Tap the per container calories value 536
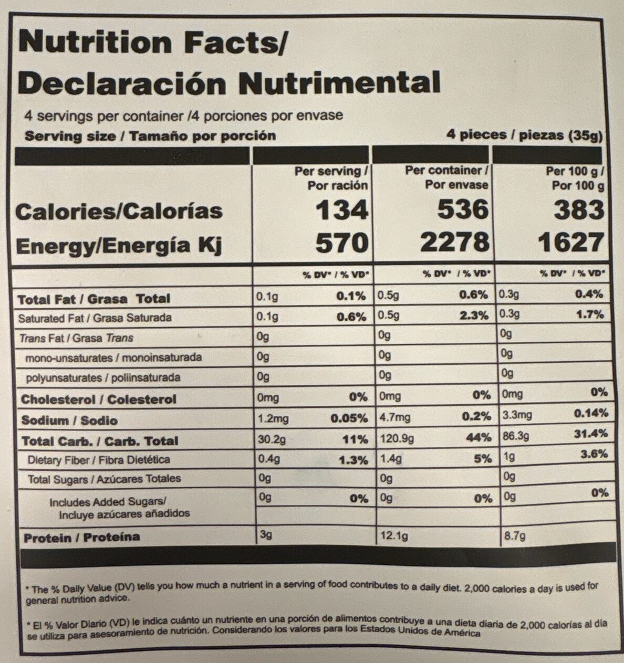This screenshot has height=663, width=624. [x=463, y=210]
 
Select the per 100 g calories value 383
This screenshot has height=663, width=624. [x=578, y=210]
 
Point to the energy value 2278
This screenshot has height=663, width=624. [x=455, y=242]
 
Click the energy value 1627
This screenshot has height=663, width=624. [x=571, y=243]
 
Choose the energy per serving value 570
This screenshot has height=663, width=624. [x=340, y=243]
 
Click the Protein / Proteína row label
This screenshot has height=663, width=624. [x=82, y=537]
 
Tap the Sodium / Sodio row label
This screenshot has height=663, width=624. [x=69, y=420]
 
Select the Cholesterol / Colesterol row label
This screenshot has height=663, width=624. [x=98, y=399]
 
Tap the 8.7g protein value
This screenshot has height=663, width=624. [x=513, y=536]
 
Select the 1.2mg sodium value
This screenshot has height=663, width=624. [x=273, y=418]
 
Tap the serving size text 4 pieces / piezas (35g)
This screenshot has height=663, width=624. [x=524, y=135]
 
